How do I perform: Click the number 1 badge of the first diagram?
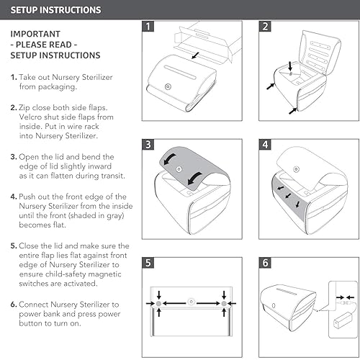coord(148,26)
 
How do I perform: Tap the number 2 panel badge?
coord(265,26)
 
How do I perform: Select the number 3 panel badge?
coord(148,144)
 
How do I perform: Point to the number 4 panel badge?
coord(265,144)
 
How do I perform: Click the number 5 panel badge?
coord(148,263)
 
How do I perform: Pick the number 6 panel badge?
coord(265,263)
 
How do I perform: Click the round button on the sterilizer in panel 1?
coord(168,86)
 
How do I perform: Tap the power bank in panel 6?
coord(343,320)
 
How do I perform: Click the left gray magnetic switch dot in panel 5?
coord(158,304)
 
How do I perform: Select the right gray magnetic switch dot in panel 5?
coord(224,304)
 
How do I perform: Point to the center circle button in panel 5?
coord(191,302)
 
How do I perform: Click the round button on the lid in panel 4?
coord(297,169)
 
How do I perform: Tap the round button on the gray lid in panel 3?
coord(179,169)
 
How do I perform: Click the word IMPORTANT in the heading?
coord(35,34)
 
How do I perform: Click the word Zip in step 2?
coord(24,107)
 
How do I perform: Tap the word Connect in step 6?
coord(34,305)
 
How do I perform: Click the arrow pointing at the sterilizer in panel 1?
coord(195,55)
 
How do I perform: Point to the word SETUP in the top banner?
coord(23,10)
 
